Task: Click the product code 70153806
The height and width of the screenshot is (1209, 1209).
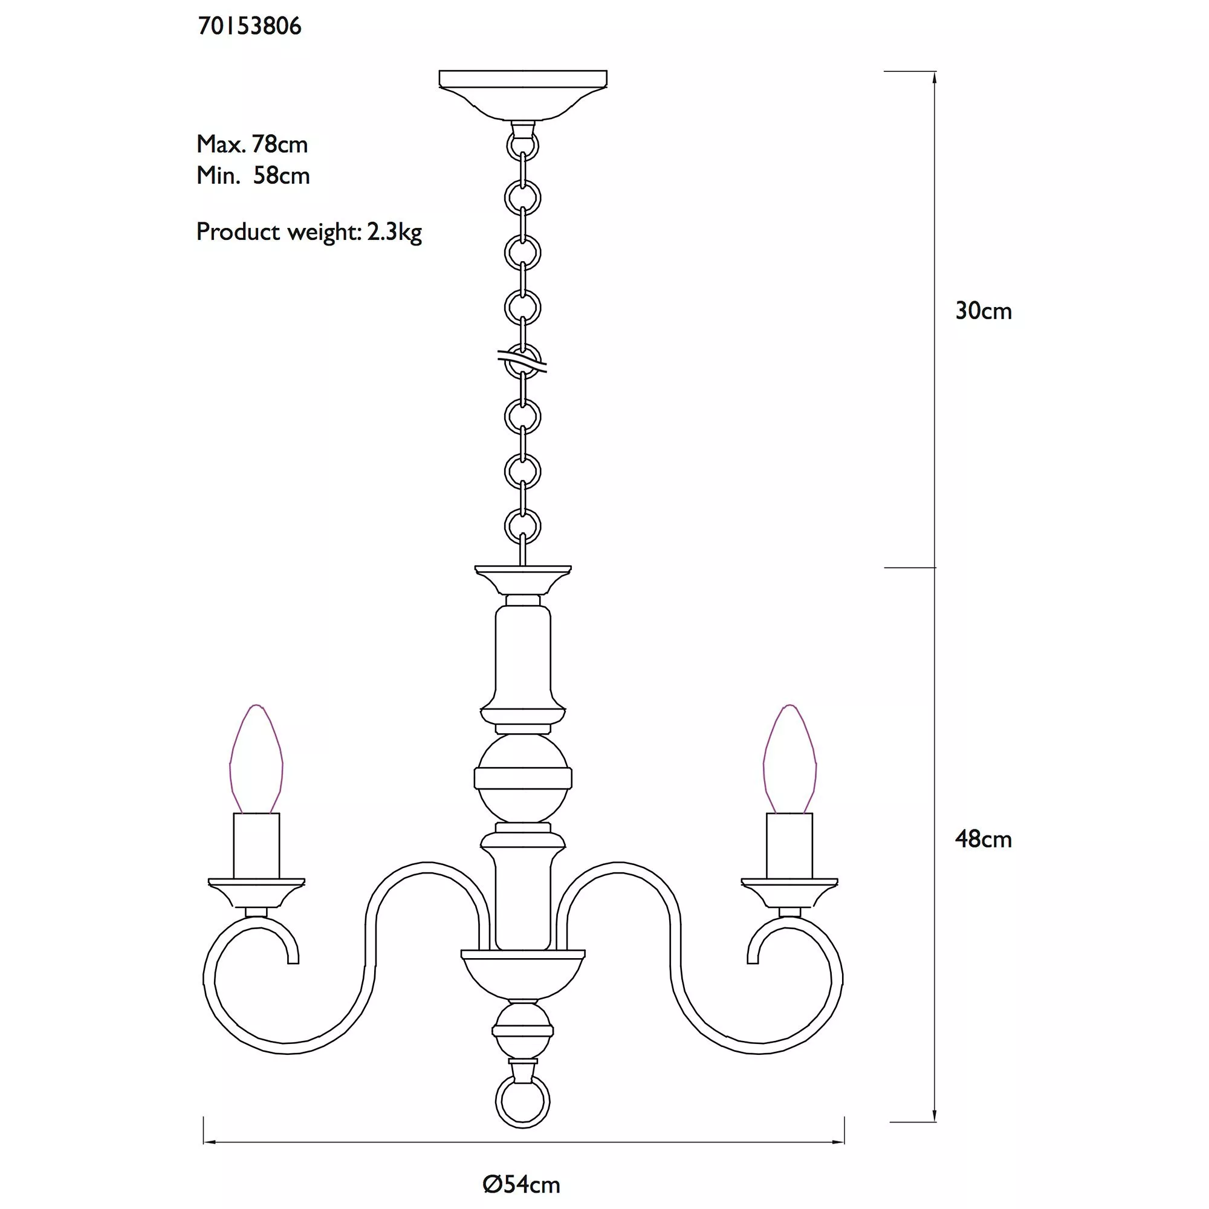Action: point(250,26)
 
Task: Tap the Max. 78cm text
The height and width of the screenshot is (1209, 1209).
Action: point(252,144)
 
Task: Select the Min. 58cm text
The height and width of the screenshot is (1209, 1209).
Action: point(253,176)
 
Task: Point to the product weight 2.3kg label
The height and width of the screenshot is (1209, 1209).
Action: point(309,232)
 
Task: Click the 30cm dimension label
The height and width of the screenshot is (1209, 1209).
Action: point(983,311)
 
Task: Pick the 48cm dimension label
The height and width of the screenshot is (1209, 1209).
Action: point(983,840)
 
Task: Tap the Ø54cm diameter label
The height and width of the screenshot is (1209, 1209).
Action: point(521,1185)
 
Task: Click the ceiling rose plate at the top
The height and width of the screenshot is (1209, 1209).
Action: point(523,94)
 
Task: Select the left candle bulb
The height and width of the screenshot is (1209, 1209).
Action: point(256,759)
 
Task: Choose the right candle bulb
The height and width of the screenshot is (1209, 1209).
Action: point(789,759)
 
